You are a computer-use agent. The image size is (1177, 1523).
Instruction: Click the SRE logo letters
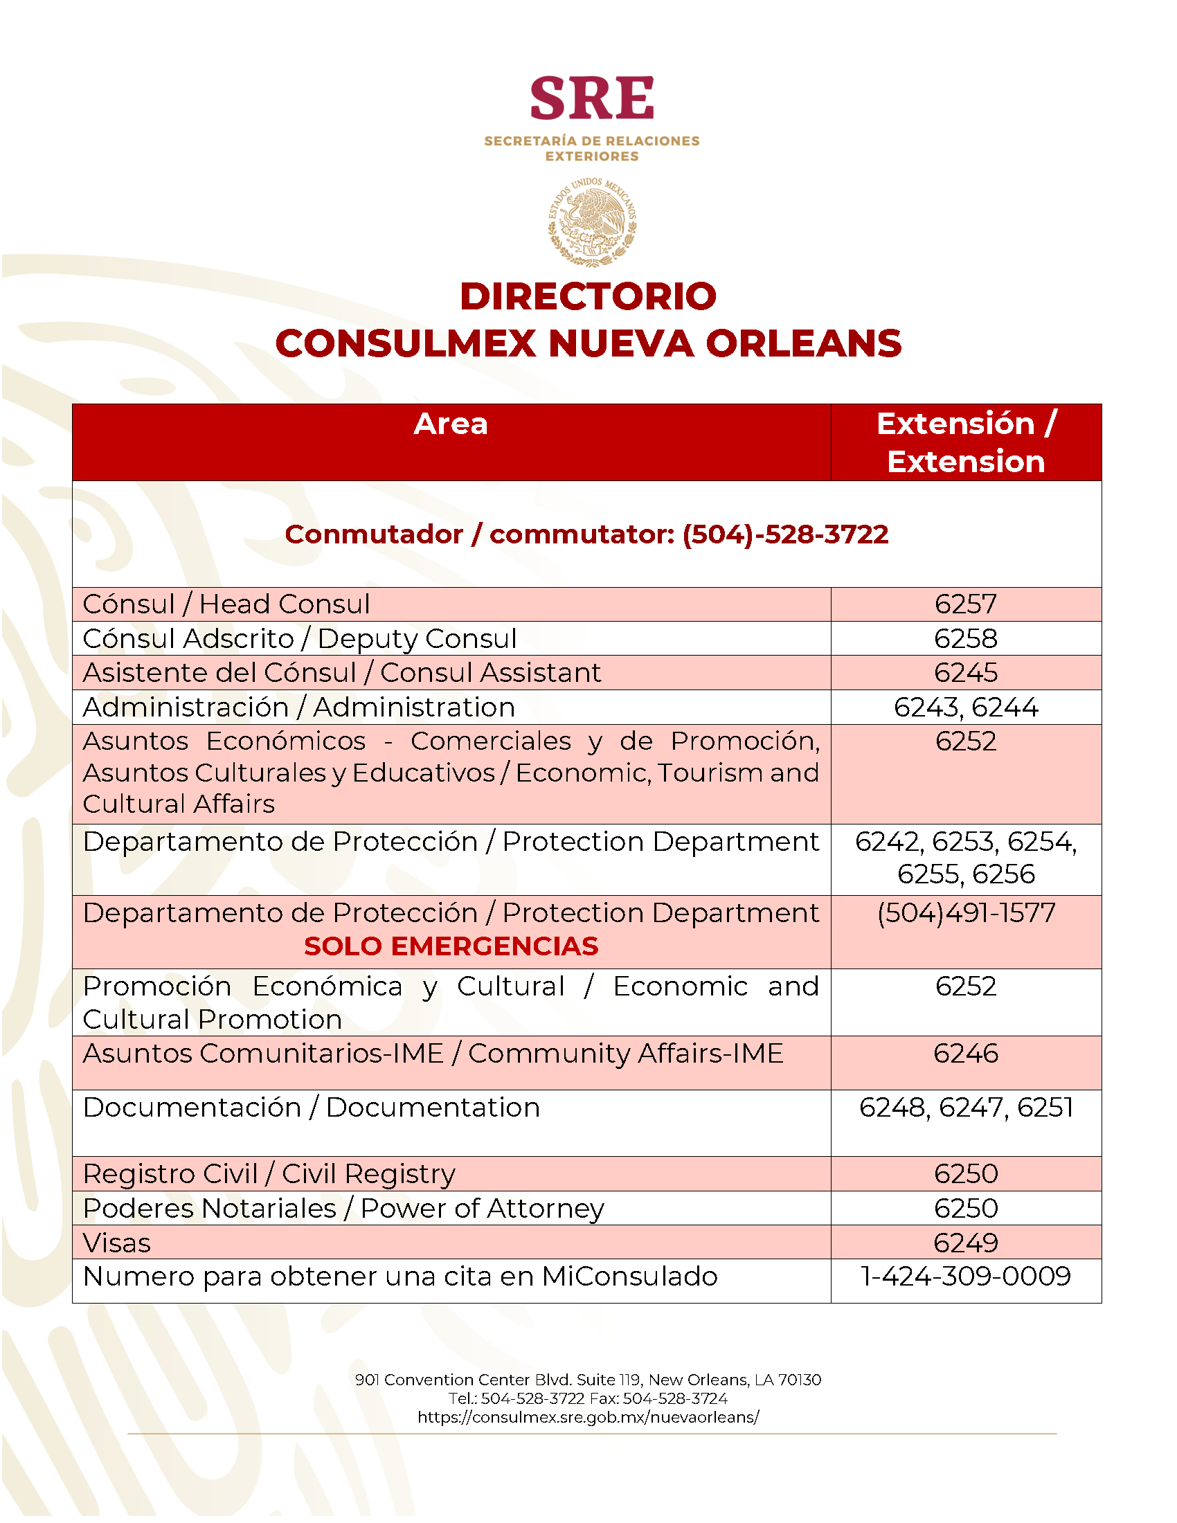(x=591, y=99)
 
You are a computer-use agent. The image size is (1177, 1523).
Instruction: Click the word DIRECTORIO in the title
(x=588, y=296)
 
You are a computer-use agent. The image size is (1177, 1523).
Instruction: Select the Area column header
(x=451, y=424)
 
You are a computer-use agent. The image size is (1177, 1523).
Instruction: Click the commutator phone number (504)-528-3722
(x=784, y=534)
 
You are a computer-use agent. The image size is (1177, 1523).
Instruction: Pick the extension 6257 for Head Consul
(x=966, y=604)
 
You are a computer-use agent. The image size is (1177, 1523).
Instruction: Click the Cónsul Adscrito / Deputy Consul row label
(x=300, y=638)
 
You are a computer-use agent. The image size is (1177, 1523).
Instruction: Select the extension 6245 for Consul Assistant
(x=966, y=672)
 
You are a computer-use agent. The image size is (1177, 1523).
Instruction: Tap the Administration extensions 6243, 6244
(x=966, y=707)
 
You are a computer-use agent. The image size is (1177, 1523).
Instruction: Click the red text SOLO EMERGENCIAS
(x=451, y=946)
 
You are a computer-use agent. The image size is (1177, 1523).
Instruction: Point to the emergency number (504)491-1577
(x=966, y=913)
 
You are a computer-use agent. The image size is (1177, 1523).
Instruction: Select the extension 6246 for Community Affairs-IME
(x=966, y=1053)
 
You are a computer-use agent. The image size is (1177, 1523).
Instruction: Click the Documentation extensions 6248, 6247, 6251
(x=966, y=1108)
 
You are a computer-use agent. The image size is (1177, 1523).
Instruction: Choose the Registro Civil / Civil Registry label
(x=269, y=1173)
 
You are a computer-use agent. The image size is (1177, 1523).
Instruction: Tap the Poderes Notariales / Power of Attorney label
(x=343, y=1208)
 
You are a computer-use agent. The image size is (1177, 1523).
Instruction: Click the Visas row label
(x=116, y=1243)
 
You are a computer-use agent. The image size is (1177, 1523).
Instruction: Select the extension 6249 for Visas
(x=966, y=1243)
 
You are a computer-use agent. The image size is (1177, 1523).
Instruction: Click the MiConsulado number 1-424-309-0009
(x=966, y=1276)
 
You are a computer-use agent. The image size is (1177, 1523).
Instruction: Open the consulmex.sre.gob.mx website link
(x=588, y=1417)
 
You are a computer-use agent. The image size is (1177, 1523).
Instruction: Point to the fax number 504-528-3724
(x=674, y=1398)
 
